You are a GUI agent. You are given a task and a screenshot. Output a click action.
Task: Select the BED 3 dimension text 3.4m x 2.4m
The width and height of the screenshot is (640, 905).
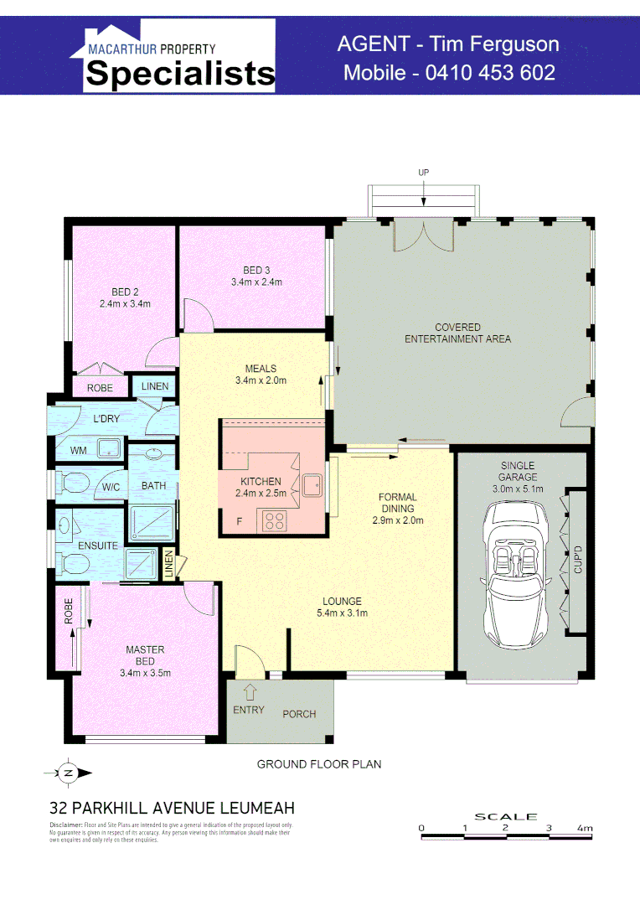(256, 282)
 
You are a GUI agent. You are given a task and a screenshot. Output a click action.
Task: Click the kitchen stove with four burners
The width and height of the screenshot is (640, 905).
(275, 520)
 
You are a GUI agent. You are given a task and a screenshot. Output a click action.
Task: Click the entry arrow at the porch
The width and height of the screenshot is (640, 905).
(249, 692)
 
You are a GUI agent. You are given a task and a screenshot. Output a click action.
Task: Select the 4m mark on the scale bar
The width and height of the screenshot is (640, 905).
(585, 828)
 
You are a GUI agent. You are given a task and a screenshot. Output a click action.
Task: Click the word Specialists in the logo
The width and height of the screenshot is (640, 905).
(180, 74)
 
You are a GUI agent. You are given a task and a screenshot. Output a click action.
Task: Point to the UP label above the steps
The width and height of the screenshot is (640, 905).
(423, 173)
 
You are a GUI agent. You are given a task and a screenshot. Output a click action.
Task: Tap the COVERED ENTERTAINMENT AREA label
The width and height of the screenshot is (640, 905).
(457, 334)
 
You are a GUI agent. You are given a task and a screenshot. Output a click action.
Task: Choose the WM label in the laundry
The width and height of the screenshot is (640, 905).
(79, 451)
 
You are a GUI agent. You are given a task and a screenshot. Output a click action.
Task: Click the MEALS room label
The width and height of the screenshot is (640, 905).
(261, 368)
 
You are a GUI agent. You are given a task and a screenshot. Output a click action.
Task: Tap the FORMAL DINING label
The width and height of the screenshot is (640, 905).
(398, 503)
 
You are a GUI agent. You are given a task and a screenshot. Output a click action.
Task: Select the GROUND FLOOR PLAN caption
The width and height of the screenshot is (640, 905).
(319, 764)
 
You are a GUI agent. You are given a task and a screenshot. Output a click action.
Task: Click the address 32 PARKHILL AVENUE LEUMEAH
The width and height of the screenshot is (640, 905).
(172, 809)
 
